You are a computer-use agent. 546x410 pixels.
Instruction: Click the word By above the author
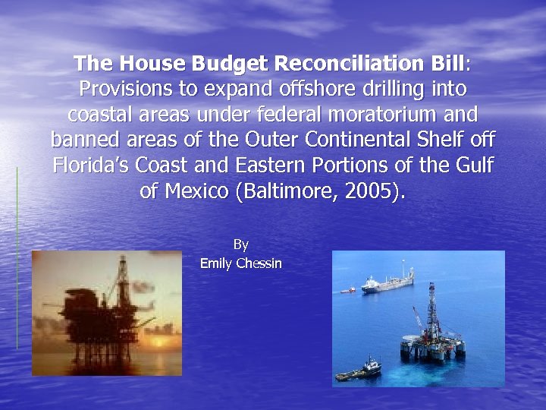click(241, 244)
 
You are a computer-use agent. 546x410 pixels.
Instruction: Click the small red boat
click(347, 289)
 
